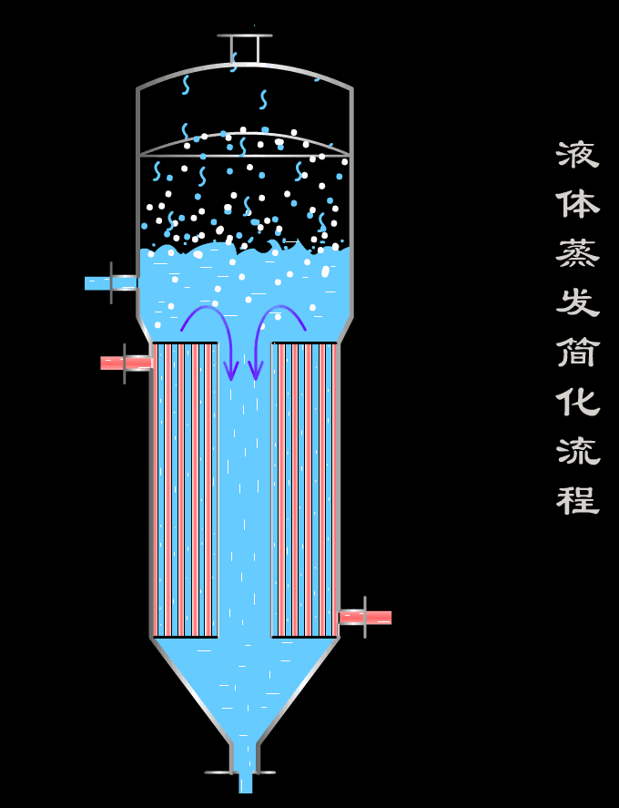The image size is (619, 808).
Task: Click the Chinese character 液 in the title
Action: [578, 155]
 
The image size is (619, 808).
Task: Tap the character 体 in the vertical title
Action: [578, 203]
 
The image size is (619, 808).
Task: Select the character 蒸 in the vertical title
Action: [578, 252]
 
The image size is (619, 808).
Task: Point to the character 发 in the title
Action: [578, 302]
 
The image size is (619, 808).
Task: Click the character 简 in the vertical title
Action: [578, 351]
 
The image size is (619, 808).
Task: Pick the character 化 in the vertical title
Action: [578, 400]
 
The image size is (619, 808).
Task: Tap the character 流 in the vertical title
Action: [578, 450]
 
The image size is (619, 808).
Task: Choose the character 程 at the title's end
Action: [578, 499]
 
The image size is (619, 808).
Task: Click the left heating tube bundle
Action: [185, 489]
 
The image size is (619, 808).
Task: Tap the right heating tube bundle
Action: [305, 489]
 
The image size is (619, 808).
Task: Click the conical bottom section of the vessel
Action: [245, 683]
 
